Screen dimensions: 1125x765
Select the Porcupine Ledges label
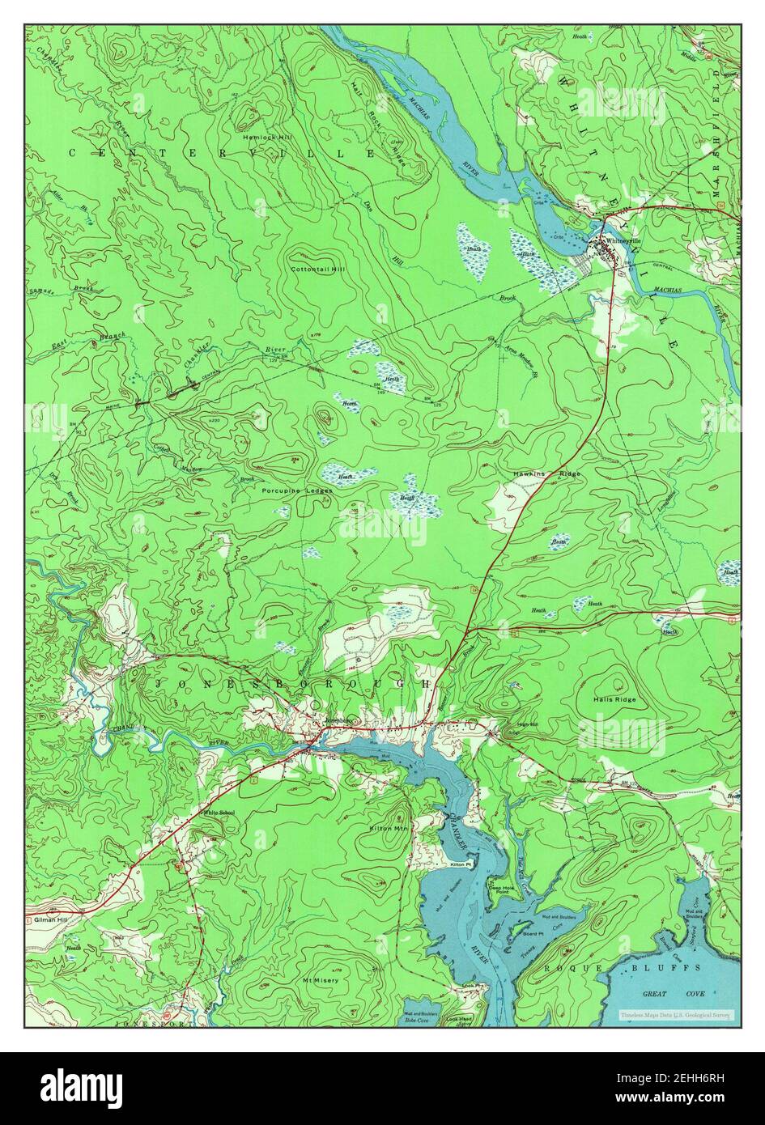click(296, 490)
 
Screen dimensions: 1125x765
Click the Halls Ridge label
click(614, 699)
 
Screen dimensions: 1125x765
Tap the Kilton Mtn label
click(389, 829)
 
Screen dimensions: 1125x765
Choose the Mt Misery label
click(321, 980)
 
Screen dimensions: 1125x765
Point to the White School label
click(219, 812)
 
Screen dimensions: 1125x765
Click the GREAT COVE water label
click(663, 993)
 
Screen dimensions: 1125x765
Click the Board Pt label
click(533, 933)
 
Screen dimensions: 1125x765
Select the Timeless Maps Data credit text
click(675, 1014)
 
